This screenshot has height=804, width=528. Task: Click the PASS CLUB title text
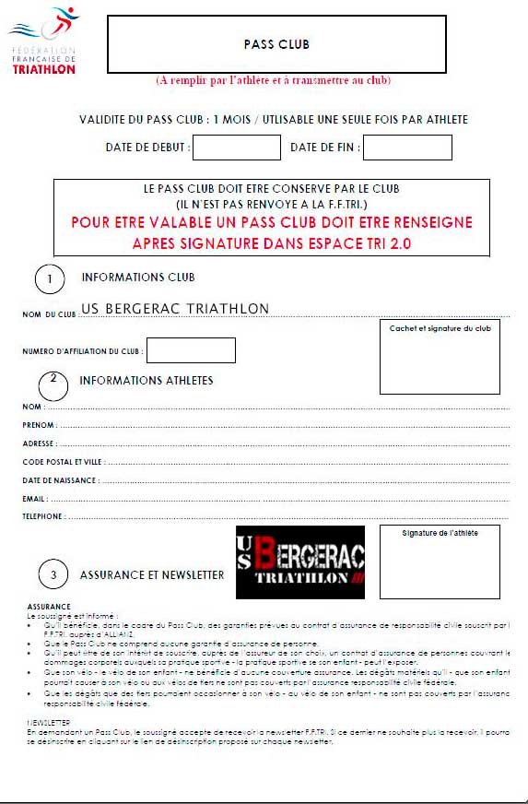click(x=276, y=44)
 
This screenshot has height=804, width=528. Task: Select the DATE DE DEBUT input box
click(x=236, y=148)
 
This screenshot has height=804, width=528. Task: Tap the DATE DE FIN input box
click(x=407, y=148)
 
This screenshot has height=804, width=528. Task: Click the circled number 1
click(x=50, y=279)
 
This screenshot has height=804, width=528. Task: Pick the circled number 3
click(x=53, y=575)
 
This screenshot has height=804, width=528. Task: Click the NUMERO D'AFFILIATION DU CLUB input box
click(x=191, y=350)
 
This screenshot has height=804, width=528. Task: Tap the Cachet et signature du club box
click(x=440, y=358)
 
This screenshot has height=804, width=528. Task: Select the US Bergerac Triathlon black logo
click(x=299, y=562)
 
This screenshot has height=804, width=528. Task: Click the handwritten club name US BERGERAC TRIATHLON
click(x=175, y=309)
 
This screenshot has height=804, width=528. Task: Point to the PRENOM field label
click(x=39, y=425)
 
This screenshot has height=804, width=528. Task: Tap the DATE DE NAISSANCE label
click(x=60, y=480)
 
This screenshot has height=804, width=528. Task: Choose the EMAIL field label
click(x=34, y=499)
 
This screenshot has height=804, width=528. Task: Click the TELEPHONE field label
click(x=42, y=517)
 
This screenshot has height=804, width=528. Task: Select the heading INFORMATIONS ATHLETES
click(x=146, y=381)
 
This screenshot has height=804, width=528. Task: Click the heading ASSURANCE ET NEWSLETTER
click(x=152, y=575)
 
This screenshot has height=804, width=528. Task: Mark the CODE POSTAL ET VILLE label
click(x=63, y=462)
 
